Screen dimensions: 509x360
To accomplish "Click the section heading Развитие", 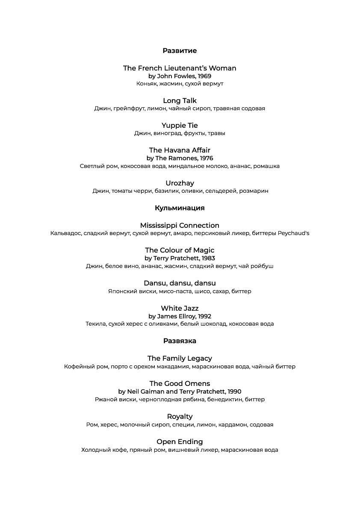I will [x=180, y=51].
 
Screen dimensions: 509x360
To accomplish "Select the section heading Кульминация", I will [x=180, y=208].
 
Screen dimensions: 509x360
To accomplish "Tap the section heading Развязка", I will [x=180, y=341].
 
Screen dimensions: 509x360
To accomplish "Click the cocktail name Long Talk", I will [x=180, y=101].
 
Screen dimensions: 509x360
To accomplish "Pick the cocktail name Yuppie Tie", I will [x=180, y=126].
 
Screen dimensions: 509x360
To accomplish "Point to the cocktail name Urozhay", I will [x=180, y=183].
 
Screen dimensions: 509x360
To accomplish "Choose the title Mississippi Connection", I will [x=180, y=226].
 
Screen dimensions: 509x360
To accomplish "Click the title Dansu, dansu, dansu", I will [x=180, y=283].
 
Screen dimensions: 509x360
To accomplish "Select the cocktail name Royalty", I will [x=180, y=417].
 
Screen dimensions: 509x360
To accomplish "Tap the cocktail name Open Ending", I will [x=180, y=442].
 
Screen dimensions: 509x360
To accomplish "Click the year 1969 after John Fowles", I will [x=204, y=76].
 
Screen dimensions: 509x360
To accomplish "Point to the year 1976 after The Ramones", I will [x=206, y=159].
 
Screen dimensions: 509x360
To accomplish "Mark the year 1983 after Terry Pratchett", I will [x=207, y=259].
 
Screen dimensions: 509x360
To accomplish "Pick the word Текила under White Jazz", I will [x=96, y=324].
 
